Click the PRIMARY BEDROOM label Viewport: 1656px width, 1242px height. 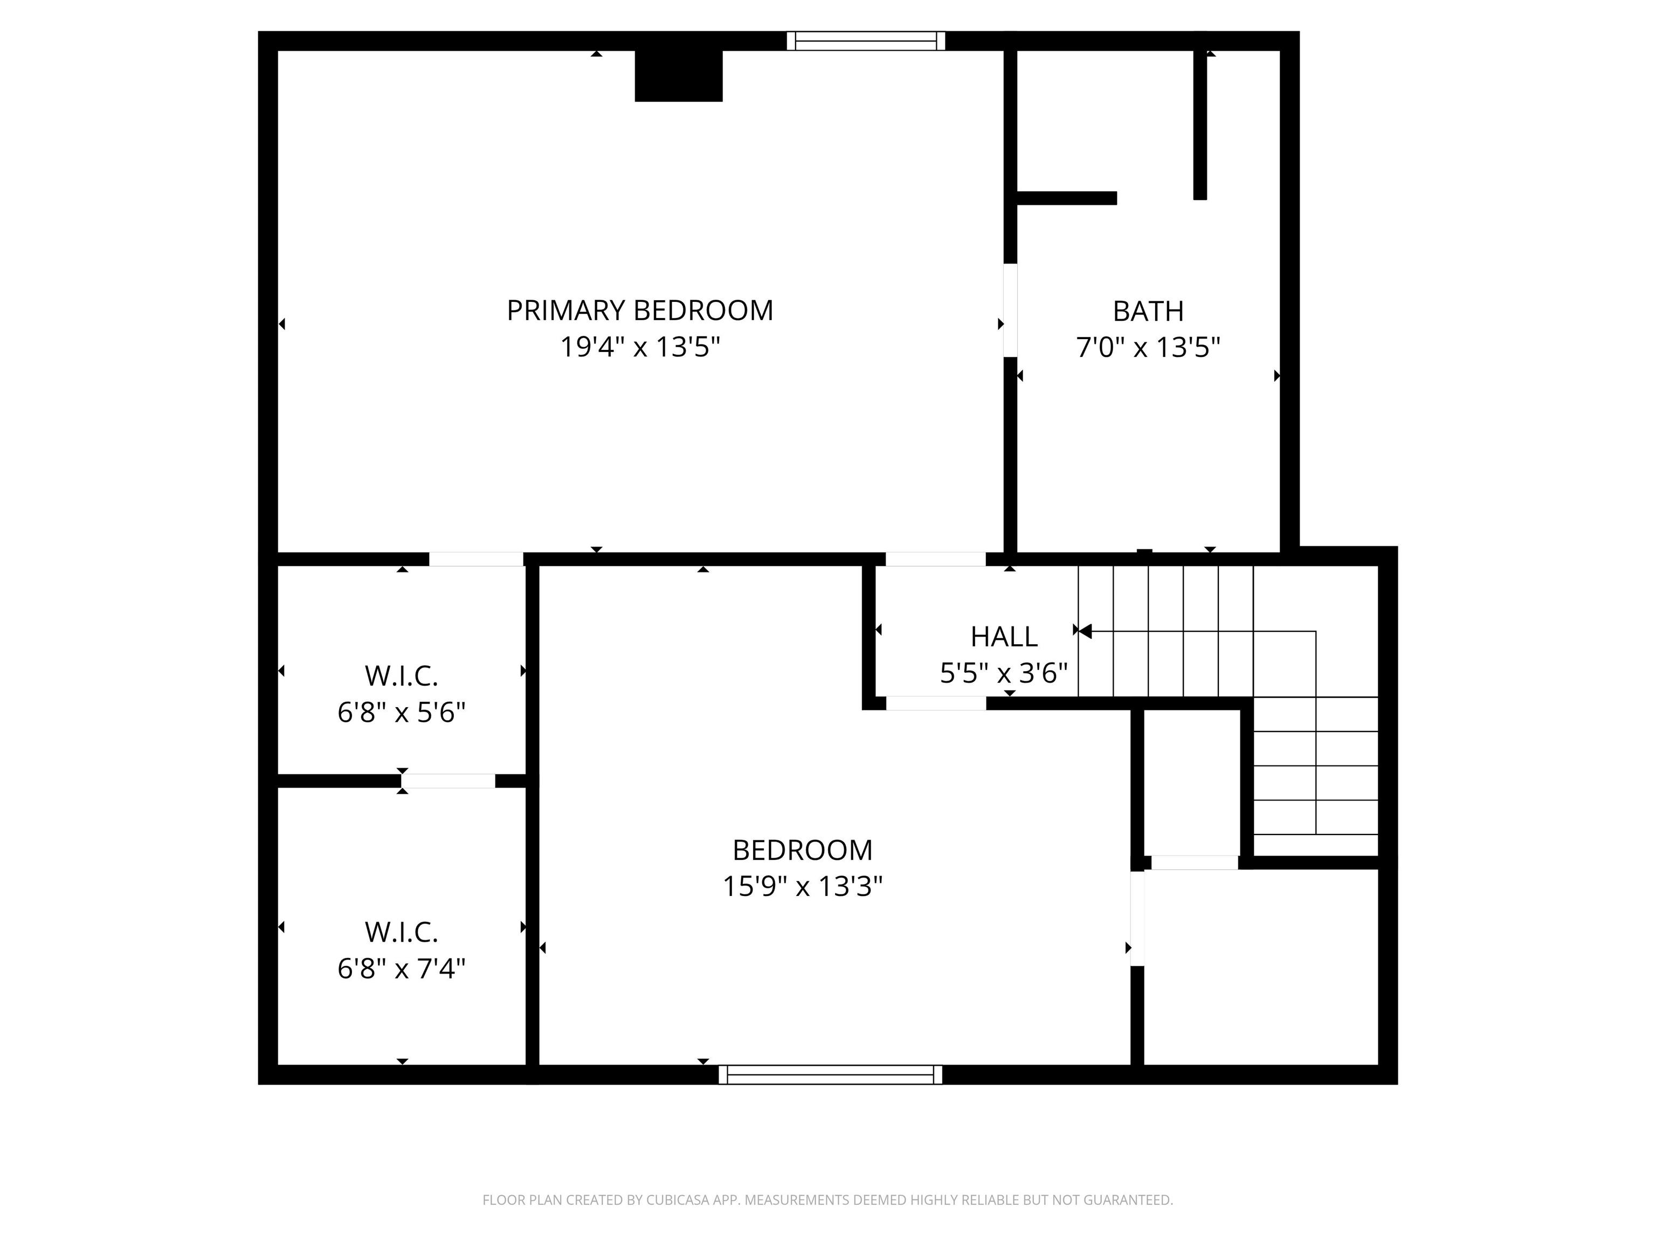[x=640, y=310]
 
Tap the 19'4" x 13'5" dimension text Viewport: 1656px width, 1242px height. [x=640, y=347]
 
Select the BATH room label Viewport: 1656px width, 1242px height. [x=1148, y=310]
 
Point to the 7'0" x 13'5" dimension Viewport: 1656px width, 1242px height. [x=1148, y=347]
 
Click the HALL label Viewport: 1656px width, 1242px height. [x=1004, y=636]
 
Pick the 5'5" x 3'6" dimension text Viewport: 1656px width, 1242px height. [x=1004, y=673]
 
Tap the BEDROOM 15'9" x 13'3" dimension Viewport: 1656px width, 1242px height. [x=803, y=886]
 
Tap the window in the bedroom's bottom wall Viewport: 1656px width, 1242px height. [x=830, y=1074]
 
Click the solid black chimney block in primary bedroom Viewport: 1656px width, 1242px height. [x=678, y=75]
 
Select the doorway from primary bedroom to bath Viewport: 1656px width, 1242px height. [x=1010, y=310]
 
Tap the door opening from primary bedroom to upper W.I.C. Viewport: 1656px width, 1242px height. [x=476, y=559]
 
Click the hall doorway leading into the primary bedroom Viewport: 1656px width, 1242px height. [x=936, y=559]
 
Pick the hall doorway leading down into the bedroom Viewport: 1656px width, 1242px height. [x=936, y=703]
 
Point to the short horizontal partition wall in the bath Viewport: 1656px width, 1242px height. [x=1067, y=198]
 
